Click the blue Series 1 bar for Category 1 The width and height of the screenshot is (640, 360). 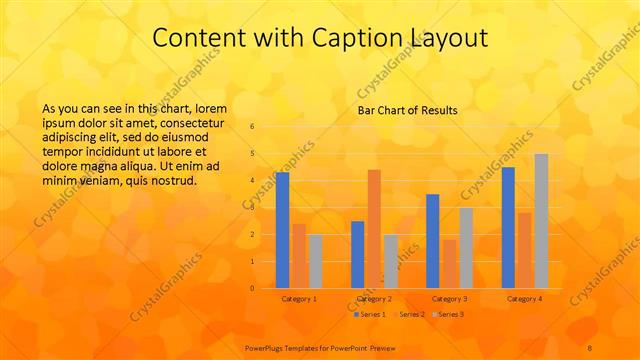[282, 230]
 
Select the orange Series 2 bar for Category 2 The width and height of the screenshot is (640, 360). [374, 229]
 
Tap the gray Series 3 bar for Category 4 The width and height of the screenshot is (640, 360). [541, 221]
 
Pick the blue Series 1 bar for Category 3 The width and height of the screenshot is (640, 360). [432, 241]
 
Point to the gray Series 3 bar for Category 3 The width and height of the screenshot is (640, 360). [466, 248]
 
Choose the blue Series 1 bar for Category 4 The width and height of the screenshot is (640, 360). [508, 227]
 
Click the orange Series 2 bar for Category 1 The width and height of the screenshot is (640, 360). [299, 256]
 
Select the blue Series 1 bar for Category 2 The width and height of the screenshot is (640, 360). [357, 254]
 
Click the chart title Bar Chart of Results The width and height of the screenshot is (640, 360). [407, 110]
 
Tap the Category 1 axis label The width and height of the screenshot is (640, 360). [299, 299]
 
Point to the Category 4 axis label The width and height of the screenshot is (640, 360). [525, 299]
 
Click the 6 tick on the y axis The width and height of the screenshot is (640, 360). [252, 127]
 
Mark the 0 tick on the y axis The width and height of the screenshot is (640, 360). [252, 288]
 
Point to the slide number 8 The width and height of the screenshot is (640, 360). [590, 347]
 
